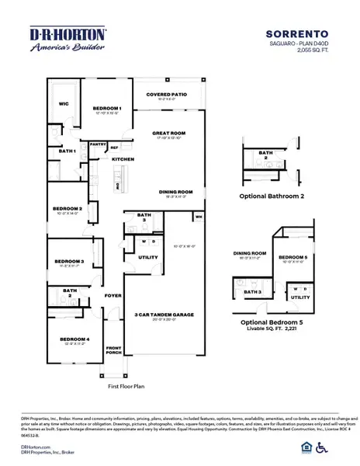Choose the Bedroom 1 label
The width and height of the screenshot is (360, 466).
click(107, 108)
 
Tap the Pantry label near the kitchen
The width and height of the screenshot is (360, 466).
click(98, 144)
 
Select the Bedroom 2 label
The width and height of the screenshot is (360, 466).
click(67, 209)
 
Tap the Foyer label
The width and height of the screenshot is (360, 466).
click(114, 295)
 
